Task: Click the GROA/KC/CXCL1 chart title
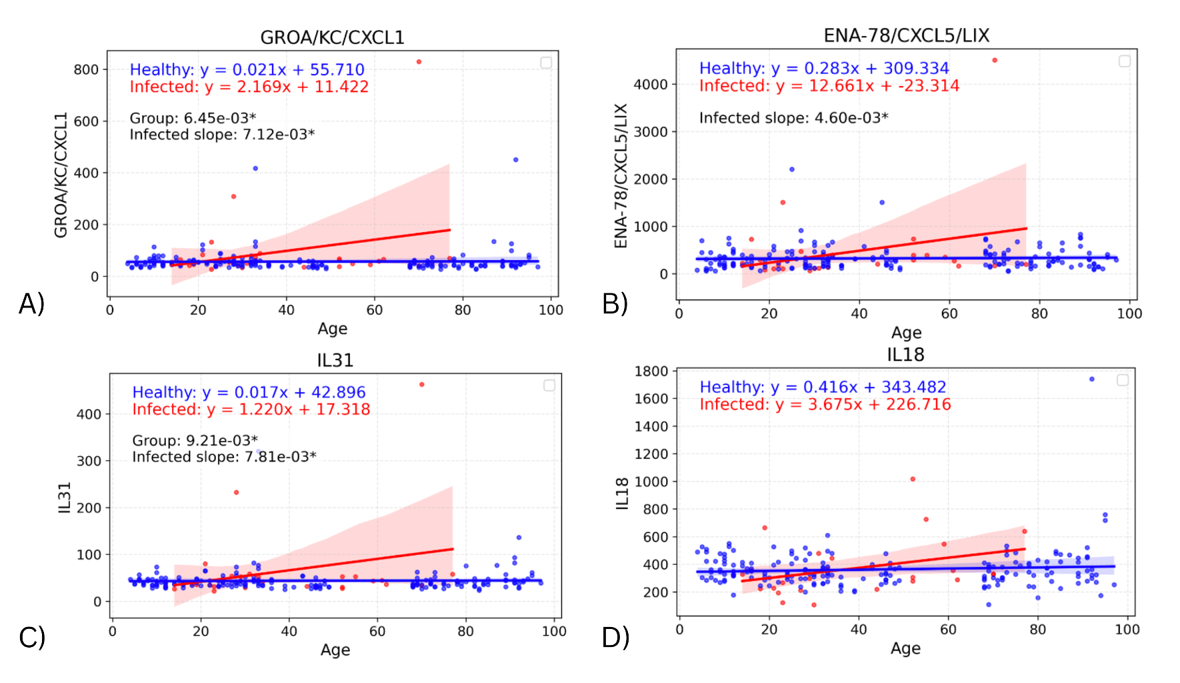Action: (x=332, y=37)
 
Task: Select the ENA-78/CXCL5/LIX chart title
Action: (x=906, y=35)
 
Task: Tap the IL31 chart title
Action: (x=335, y=360)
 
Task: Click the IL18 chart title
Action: (x=905, y=355)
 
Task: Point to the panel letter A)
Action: (x=31, y=303)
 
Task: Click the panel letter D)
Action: (x=615, y=638)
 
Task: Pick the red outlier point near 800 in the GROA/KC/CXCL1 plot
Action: (x=419, y=62)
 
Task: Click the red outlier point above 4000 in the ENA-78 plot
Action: (x=995, y=60)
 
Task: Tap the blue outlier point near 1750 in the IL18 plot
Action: (x=1091, y=380)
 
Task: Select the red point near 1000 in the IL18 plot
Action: (x=913, y=479)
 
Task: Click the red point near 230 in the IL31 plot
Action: (x=237, y=492)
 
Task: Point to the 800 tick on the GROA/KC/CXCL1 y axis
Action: (x=86, y=69)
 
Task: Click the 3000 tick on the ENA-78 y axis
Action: (x=651, y=132)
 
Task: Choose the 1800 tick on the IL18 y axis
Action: (x=651, y=371)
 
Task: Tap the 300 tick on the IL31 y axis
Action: (x=89, y=461)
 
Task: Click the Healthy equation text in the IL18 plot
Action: (x=823, y=387)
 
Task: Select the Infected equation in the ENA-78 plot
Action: (x=829, y=85)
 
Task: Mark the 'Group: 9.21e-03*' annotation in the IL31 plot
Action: (x=195, y=440)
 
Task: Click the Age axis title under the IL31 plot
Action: (x=335, y=650)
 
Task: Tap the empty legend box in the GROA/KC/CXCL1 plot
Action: (x=546, y=63)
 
